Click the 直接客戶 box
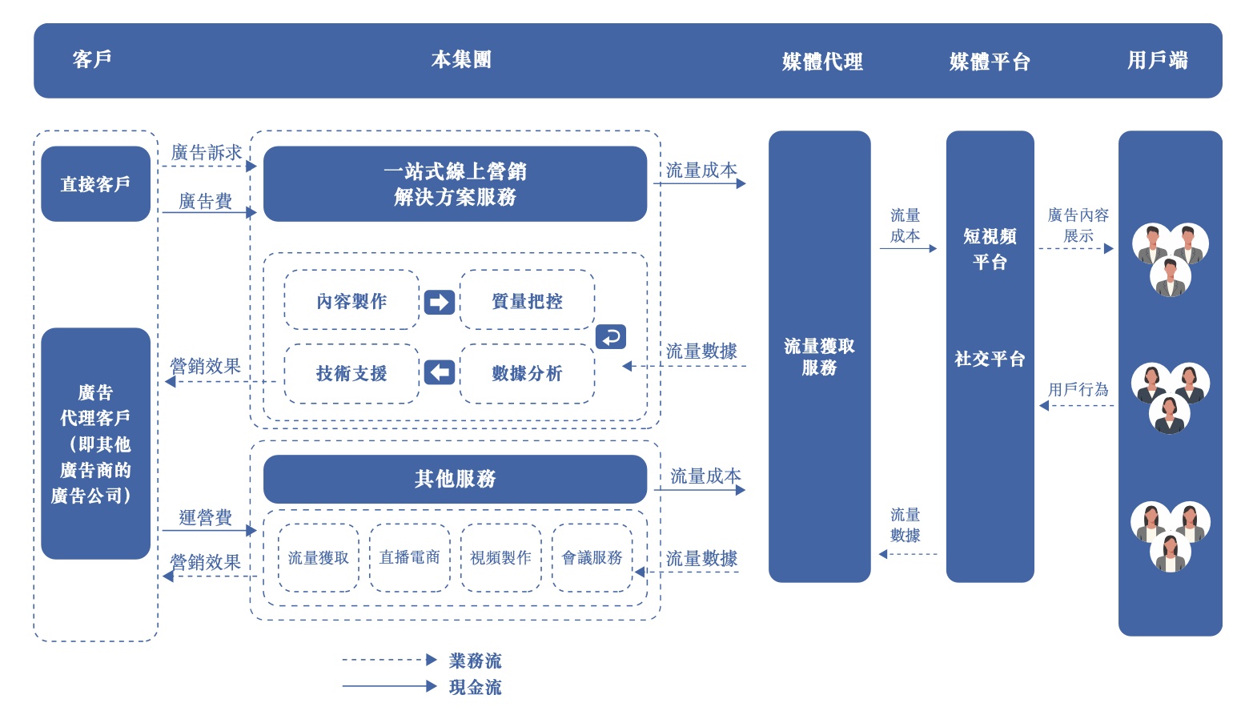click(x=95, y=184)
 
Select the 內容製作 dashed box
click(x=351, y=301)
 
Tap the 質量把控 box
click(x=527, y=301)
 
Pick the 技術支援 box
click(x=351, y=373)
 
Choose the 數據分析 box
click(x=527, y=373)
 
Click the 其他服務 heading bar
click(x=455, y=479)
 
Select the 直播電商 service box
click(x=409, y=557)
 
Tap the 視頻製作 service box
click(x=500, y=557)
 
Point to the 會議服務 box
click(x=592, y=557)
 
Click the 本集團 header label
click(x=461, y=60)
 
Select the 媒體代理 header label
click(x=822, y=62)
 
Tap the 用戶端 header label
click(x=1157, y=61)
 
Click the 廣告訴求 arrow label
click(x=207, y=153)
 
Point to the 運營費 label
click(x=206, y=518)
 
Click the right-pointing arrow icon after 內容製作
click(x=439, y=302)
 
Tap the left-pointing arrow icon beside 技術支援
click(x=439, y=372)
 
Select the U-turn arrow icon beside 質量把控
click(x=611, y=336)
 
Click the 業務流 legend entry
click(x=475, y=661)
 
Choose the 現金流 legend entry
click(x=475, y=687)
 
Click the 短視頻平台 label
click(x=990, y=249)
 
